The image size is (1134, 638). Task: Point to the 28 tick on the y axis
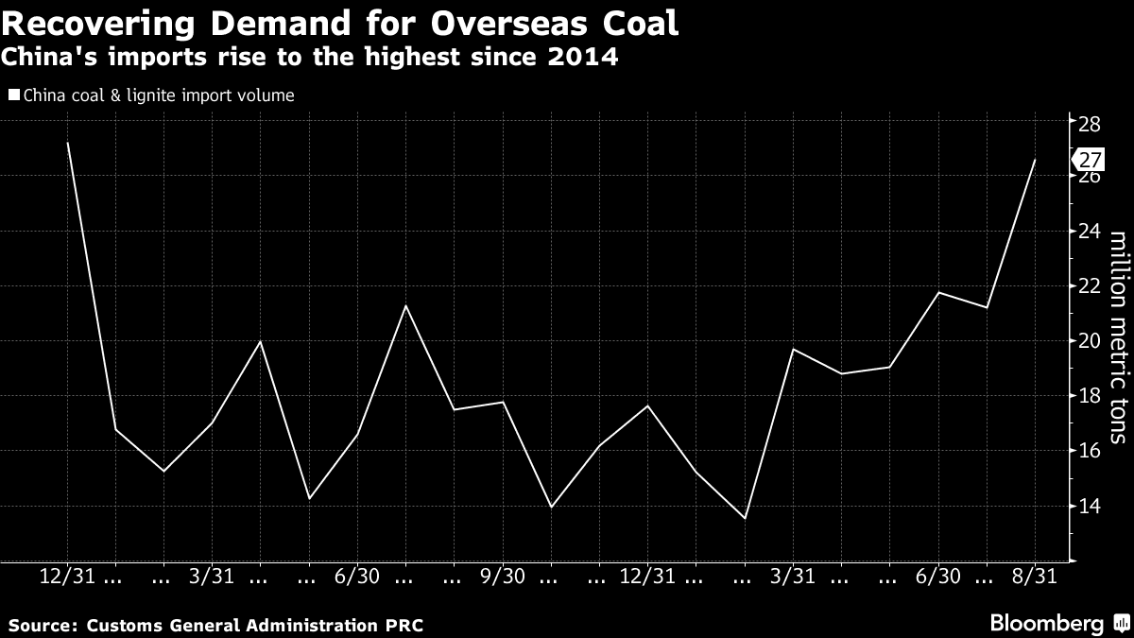1090,122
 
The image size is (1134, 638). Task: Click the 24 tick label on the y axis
1090,232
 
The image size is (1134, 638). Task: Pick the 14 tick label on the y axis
1090,506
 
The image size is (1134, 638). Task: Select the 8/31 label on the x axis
1035,576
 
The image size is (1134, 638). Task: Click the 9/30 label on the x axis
503,576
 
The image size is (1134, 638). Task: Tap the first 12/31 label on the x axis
67,576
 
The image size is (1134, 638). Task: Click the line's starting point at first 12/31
68,143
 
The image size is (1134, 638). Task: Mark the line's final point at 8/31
1035,160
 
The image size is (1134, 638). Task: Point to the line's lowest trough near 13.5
745,518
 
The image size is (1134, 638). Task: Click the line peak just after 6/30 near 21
406,305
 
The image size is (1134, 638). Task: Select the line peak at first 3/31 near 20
261,341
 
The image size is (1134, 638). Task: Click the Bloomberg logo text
1046,623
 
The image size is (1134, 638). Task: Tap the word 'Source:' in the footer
44,626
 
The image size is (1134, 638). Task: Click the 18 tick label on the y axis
1090,396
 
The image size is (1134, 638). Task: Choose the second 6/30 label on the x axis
938,576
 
